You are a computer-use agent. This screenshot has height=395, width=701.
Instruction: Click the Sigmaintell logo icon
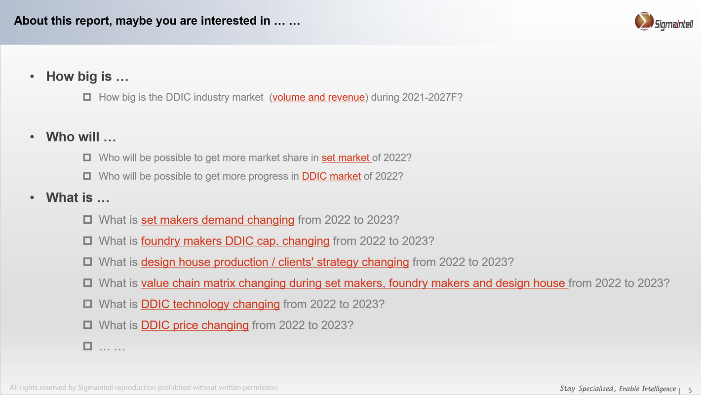pos(644,21)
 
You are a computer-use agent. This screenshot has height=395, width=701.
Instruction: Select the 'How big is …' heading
pos(87,77)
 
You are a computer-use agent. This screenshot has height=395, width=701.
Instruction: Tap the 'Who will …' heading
pos(81,137)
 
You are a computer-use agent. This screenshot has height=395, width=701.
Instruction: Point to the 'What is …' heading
pos(78,197)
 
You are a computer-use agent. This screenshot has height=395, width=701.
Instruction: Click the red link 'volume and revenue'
pos(318,97)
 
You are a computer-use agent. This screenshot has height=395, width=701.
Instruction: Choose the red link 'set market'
pos(346,158)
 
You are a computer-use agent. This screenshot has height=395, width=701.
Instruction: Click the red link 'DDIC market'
pos(331,176)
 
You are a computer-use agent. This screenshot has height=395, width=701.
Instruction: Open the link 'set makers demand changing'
pos(218,220)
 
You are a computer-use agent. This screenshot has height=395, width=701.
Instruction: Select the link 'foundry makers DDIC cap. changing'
pos(235,241)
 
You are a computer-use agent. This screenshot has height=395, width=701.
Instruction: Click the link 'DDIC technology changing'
pos(210,304)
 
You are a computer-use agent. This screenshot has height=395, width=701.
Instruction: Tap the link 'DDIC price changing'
pos(195,325)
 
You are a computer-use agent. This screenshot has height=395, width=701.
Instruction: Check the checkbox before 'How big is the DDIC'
pos(87,97)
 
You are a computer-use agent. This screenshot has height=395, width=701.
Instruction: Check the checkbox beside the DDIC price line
pos(88,325)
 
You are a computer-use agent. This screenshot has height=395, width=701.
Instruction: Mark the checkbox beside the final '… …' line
pos(88,346)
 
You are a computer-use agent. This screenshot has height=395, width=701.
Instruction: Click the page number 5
pos(690,390)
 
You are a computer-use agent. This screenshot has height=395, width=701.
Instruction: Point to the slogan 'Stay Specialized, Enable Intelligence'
pos(618,389)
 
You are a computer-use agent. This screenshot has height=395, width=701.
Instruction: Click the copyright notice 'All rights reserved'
pos(144,388)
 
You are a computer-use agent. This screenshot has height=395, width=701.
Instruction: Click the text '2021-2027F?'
pos(432,97)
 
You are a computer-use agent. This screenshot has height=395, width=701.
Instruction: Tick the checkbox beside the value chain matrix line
pos(88,283)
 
